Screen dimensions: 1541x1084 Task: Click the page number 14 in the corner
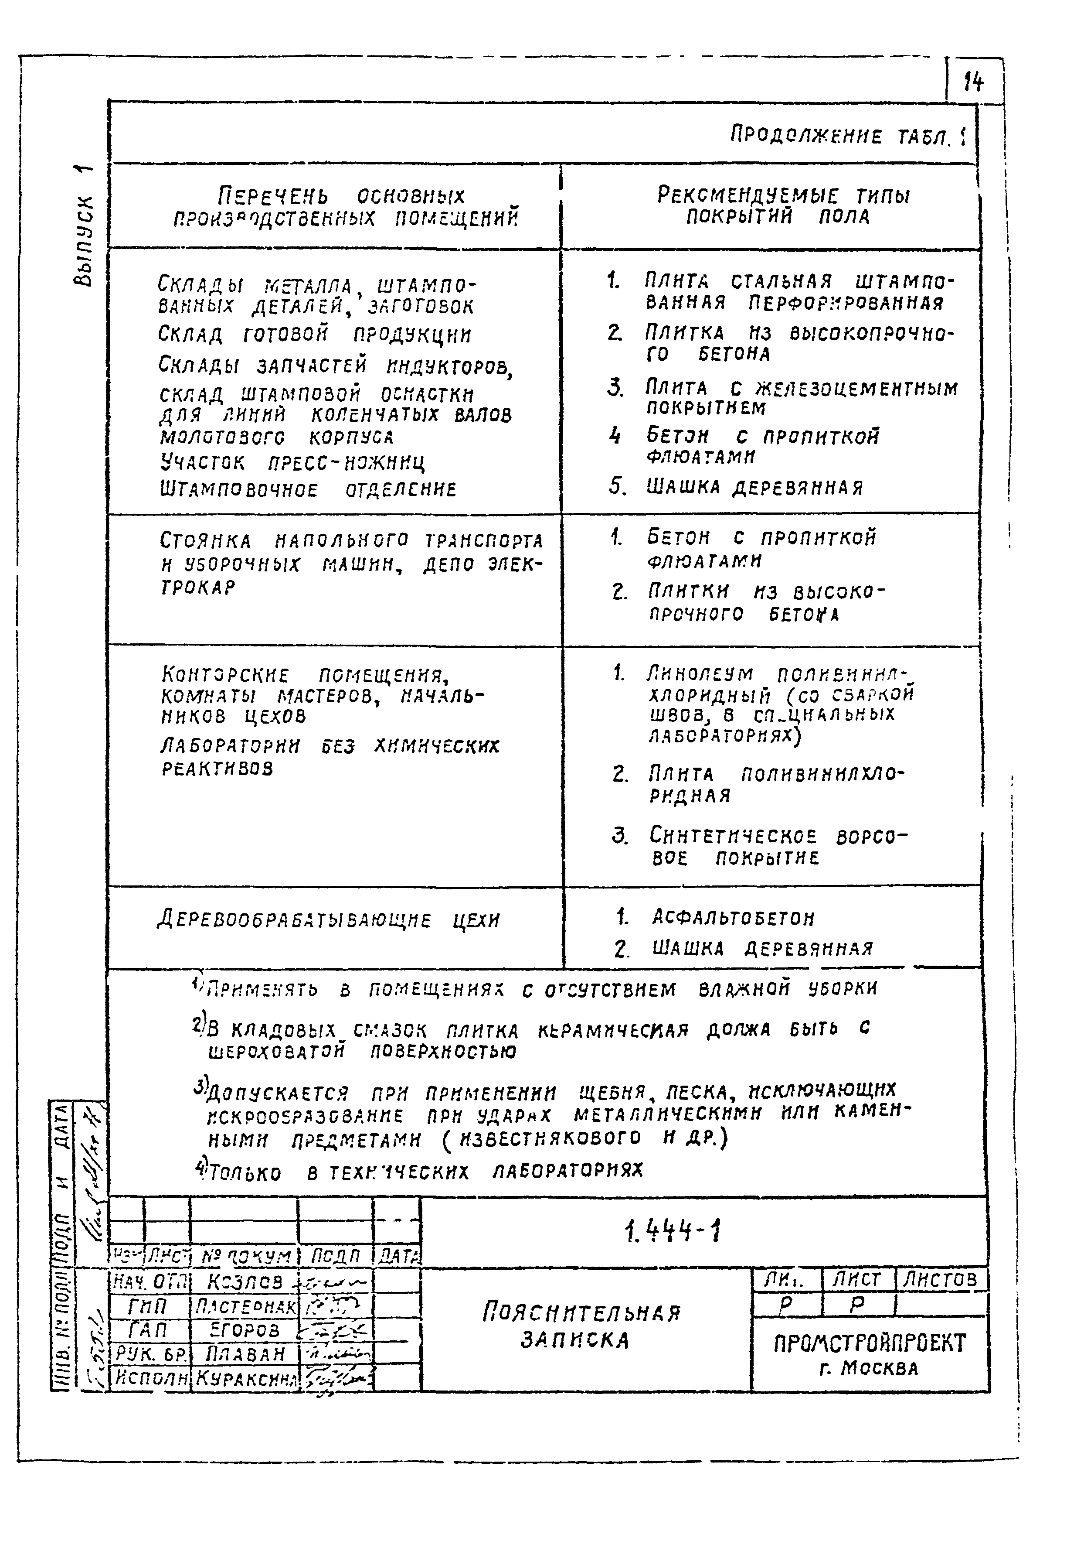coord(973,82)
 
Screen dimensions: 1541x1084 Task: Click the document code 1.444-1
coord(672,1231)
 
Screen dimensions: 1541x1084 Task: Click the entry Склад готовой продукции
coord(315,334)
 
